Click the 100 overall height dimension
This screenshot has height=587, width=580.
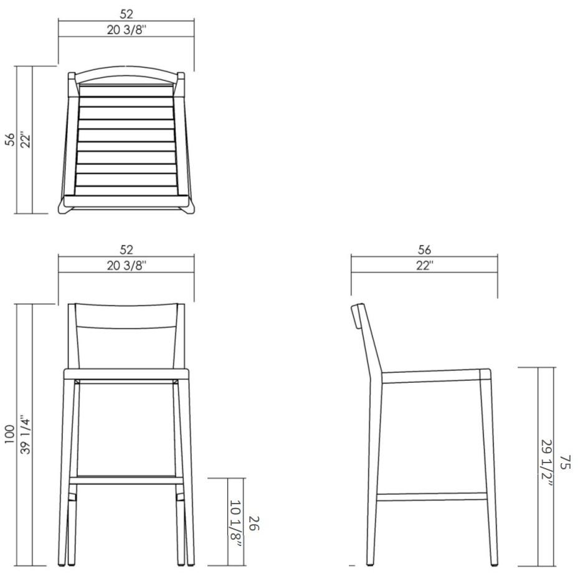tap(9, 434)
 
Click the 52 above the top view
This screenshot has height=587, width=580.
tap(126, 14)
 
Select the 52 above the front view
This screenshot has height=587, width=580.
tap(126, 250)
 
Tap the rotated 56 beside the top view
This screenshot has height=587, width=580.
tap(9, 139)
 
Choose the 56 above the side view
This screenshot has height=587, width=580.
tap(424, 250)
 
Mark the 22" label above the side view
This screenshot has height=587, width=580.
tap(424, 265)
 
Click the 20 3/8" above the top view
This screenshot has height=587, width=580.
tap(126, 30)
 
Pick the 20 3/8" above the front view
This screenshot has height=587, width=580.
tap(126, 265)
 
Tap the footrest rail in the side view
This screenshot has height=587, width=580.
tap(432, 496)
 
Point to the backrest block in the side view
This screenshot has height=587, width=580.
tap(357, 316)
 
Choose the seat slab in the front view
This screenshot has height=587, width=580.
tap(126, 374)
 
